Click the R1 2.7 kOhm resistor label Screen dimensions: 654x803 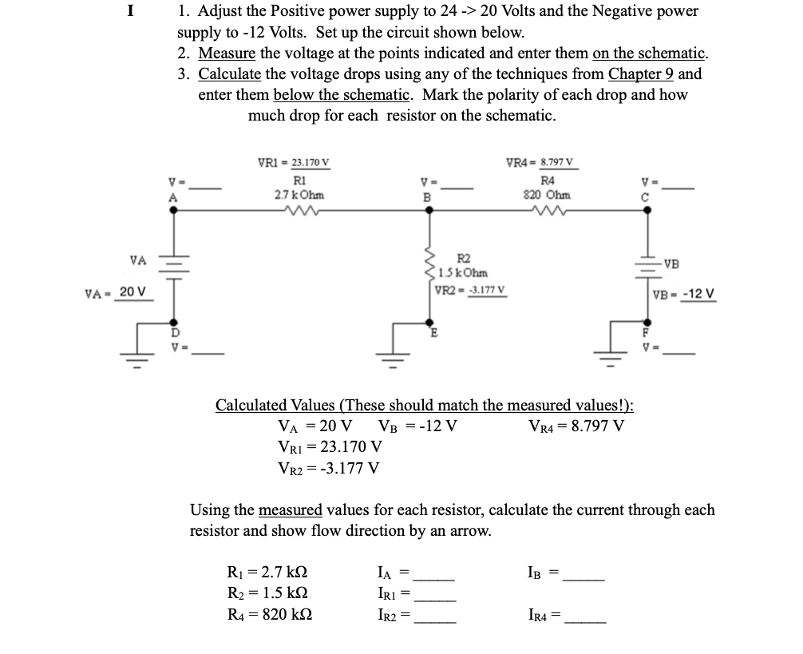[x=299, y=187]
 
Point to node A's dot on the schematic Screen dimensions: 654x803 [x=171, y=210]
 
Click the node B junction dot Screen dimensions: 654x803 [x=429, y=210]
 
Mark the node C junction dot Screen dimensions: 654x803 [x=647, y=210]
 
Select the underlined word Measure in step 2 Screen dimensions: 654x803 [x=226, y=54]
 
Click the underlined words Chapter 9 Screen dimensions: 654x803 [x=641, y=74]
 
